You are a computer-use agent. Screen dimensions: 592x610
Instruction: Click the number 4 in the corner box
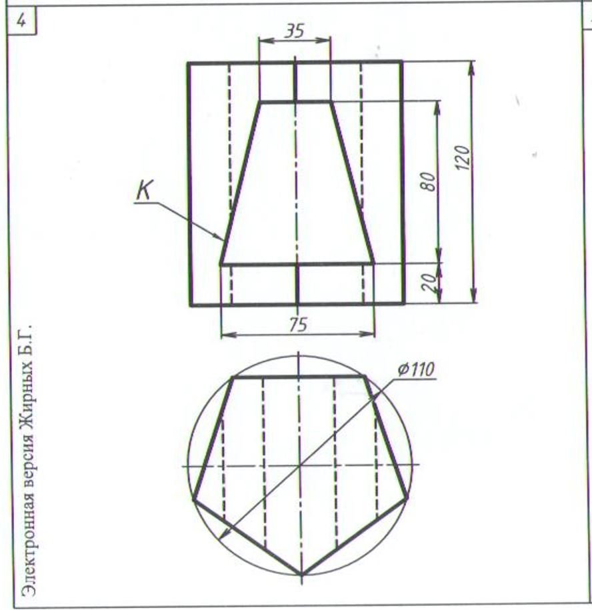pos(22,21)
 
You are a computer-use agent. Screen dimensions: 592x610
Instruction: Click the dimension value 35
pos(295,31)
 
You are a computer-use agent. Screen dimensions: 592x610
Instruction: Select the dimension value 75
pos(299,324)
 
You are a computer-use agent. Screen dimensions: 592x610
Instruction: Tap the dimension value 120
pos(463,157)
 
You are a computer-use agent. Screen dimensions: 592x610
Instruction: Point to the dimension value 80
pos(428,181)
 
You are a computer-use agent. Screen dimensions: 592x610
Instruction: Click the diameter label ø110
pos(417,369)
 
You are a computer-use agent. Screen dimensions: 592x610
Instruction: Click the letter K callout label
pos(145,190)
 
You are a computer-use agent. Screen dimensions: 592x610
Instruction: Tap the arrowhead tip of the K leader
pos(223,239)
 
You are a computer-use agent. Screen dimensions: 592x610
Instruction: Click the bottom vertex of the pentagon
pos(301,574)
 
